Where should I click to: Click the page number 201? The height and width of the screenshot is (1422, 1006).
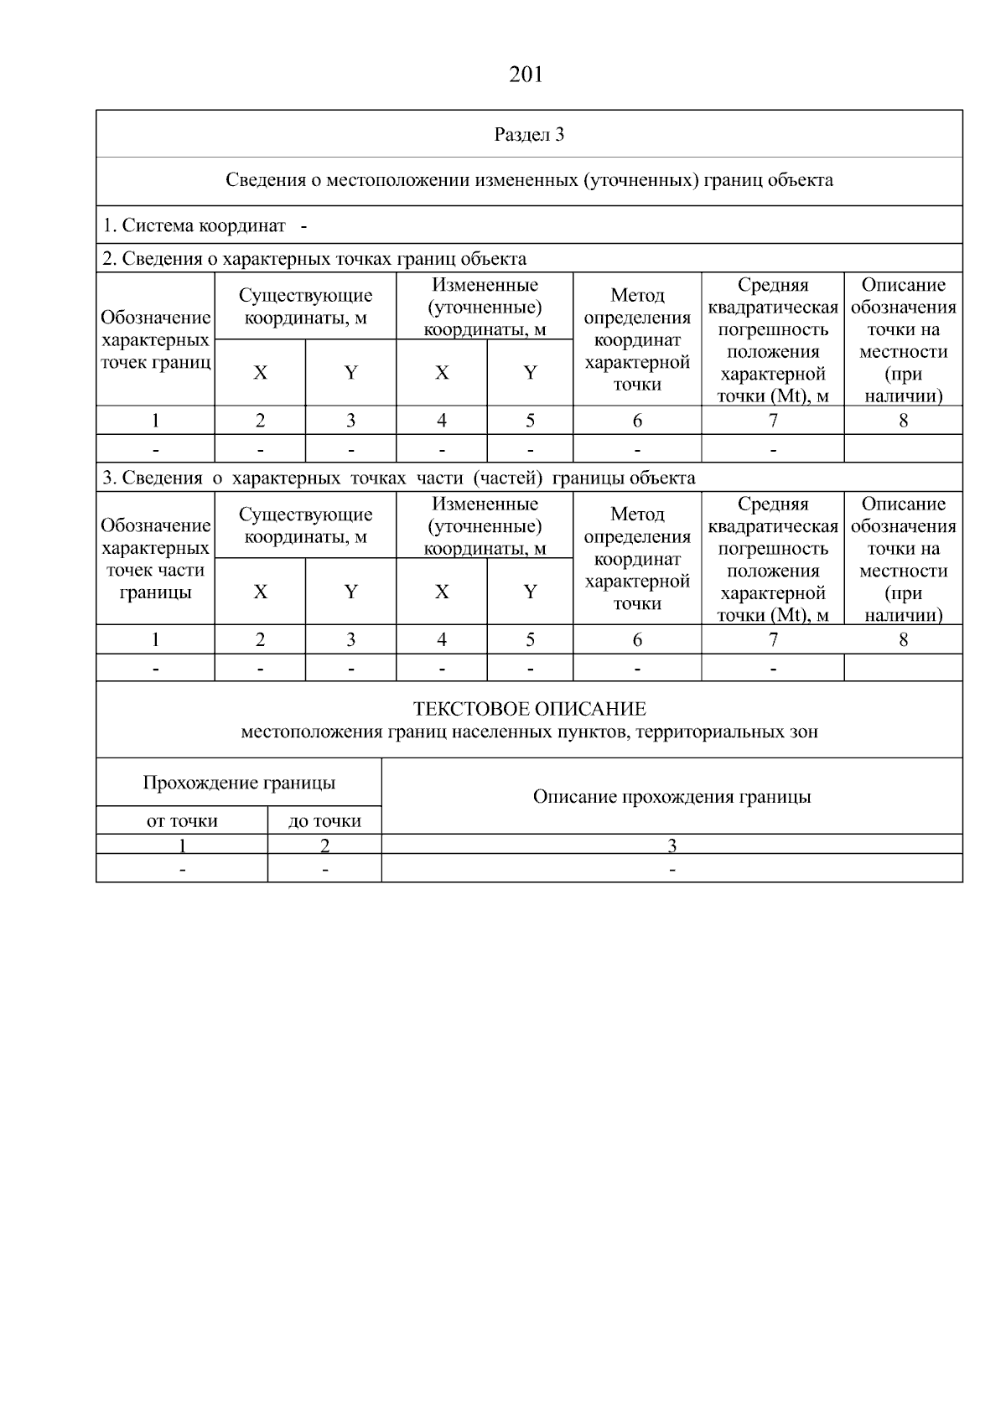[526, 75]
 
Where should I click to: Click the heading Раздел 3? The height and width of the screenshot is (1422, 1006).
[529, 134]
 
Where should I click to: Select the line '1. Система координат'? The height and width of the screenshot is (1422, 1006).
[194, 225]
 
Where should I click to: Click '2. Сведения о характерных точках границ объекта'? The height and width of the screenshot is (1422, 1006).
[314, 258]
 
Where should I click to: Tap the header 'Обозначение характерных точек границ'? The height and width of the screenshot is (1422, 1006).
[155, 339]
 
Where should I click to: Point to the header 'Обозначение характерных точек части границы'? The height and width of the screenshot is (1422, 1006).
[155, 559]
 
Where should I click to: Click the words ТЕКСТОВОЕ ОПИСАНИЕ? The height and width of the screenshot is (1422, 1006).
[529, 709]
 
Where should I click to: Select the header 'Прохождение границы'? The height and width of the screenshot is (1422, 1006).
[239, 783]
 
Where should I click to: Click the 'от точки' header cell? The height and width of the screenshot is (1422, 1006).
[182, 821]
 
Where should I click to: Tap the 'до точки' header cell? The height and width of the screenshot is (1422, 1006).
[324, 821]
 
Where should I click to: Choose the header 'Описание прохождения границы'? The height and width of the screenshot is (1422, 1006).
[672, 796]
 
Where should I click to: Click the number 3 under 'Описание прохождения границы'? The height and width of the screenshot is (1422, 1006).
[672, 845]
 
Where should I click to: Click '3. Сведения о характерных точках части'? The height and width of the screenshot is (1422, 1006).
[398, 478]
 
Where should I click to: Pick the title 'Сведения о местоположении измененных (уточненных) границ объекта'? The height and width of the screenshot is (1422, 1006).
[529, 180]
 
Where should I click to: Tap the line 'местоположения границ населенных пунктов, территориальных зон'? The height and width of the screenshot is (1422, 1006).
[529, 732]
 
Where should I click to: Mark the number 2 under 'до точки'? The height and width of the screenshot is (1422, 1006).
[324, 845]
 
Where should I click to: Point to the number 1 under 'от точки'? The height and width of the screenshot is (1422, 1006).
[182, 845]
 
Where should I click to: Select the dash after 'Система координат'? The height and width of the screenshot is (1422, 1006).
[303, 225]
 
